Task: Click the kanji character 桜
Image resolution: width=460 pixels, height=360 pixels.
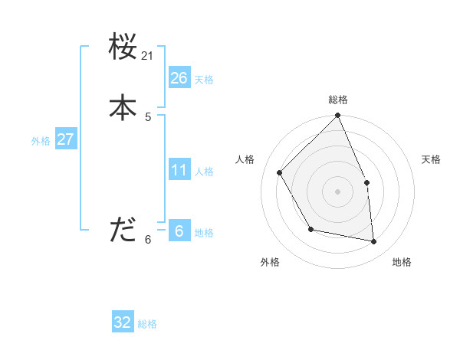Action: point(123,48)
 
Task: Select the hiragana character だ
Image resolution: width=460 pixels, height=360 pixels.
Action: point(123,229)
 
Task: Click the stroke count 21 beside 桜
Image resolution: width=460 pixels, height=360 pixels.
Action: point(148,56)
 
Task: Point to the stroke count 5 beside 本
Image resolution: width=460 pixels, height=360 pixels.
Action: point(148,116)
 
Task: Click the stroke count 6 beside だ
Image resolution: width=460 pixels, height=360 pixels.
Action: point(148,239)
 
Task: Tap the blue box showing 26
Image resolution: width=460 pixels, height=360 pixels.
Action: point(179,78)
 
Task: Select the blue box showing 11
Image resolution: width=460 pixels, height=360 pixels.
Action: point(179,170)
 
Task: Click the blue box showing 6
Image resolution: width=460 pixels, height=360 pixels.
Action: point(179,231)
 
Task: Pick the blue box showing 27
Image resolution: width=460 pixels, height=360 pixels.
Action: point(65,140)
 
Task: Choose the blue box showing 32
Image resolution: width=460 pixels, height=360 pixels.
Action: point(123,322)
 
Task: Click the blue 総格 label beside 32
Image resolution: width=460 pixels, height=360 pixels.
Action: point(147,324)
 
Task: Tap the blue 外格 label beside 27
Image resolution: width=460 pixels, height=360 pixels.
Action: point(41,141)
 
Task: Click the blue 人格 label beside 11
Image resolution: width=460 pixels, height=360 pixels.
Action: point(205,172)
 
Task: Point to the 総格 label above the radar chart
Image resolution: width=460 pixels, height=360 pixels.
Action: point(338,100)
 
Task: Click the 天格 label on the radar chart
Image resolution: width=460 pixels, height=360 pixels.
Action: point(432,159)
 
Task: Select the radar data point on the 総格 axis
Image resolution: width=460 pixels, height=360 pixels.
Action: point(338,116)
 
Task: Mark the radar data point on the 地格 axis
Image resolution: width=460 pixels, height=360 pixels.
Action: point(374,242)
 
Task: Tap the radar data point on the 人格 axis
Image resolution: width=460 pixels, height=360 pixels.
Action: point(280,173)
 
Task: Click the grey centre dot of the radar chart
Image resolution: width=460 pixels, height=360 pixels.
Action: point(338,191)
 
